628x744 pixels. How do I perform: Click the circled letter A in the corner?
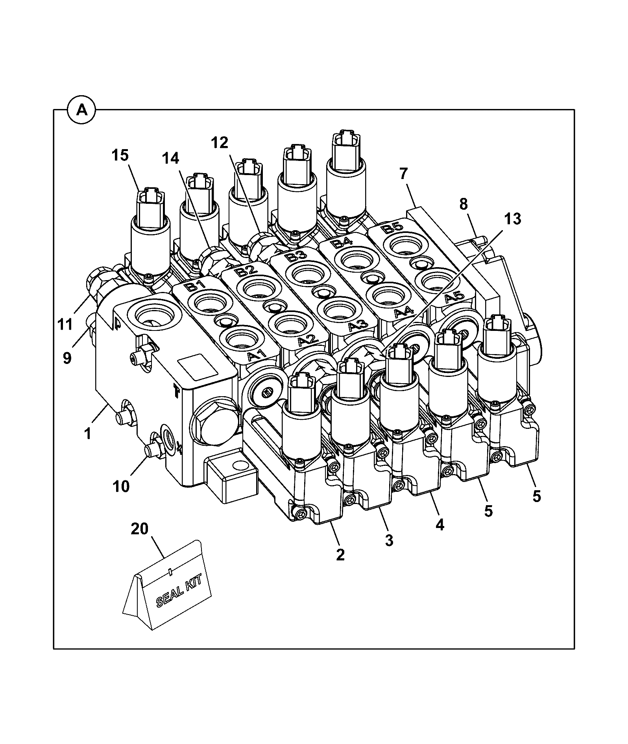pos(82,110)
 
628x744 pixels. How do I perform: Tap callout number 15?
pos(120,155)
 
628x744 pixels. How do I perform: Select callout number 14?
pos(170,158)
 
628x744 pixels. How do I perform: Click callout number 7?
pos(404,173)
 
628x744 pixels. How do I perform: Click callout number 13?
pos(512,219)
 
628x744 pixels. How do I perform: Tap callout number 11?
pos(65,325)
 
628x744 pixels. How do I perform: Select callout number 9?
pos(67,358)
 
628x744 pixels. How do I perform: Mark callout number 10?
pos(121,486)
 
